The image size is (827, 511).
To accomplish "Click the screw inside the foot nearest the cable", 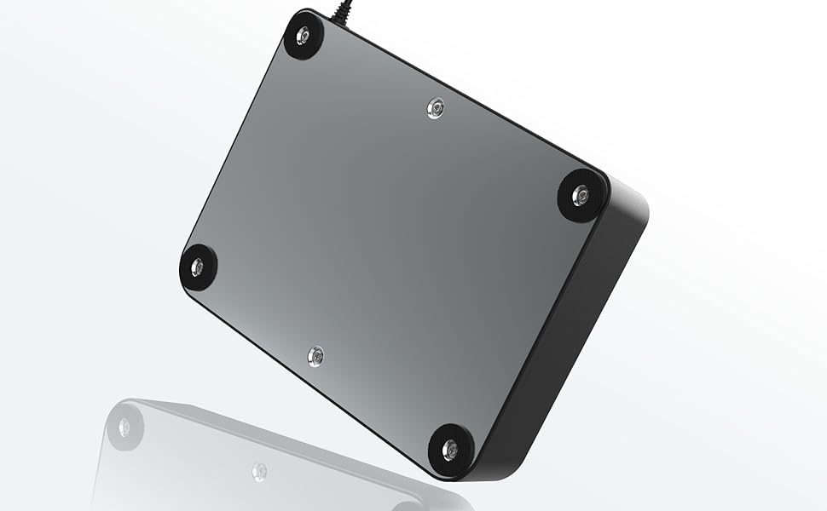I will point(304,36).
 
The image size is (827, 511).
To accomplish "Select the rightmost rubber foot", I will point(582,196).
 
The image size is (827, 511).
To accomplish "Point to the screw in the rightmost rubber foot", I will point(581,196).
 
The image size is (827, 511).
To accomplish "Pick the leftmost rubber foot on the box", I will point(198,267).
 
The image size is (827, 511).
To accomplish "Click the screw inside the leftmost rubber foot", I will point(198,267).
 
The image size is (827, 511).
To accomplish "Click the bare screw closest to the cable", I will point(436,108).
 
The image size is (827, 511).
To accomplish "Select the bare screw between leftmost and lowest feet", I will point(315,356).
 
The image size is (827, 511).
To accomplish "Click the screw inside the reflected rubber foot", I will point(124,427).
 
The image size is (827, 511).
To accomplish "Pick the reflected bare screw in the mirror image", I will point(259,471).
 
